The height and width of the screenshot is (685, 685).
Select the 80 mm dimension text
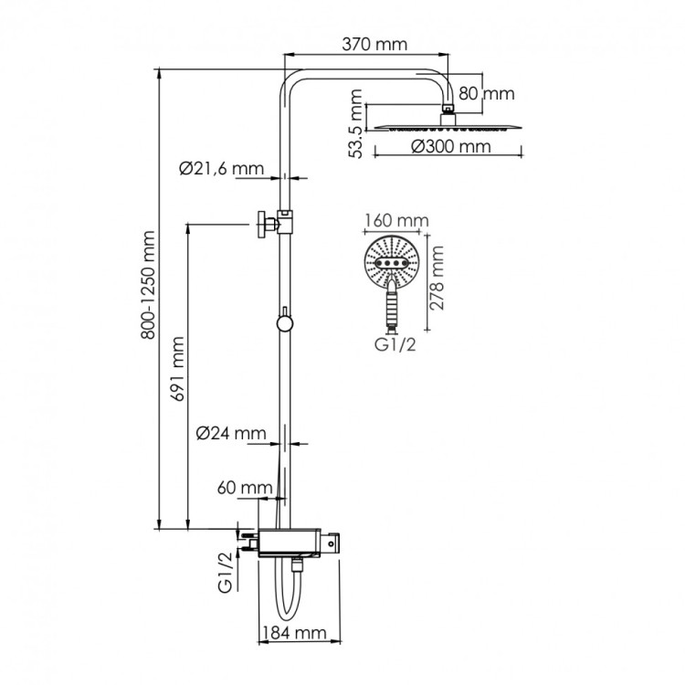[x=486, y=93]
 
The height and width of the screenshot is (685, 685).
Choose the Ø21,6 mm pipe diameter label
[x=220, y=167]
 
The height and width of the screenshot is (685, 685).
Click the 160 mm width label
[x=395, y=220]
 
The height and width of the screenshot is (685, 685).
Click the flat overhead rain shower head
[x=448, y=126]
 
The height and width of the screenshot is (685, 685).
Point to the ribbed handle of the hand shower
[x=394, y=306]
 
